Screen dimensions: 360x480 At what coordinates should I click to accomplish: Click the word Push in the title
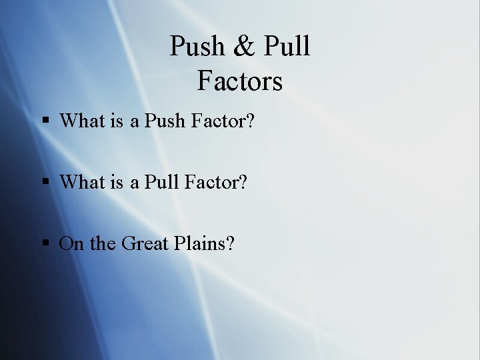(197, 47)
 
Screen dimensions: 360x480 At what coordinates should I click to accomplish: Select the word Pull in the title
(287, 47)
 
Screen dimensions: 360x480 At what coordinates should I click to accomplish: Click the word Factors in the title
(240, 81)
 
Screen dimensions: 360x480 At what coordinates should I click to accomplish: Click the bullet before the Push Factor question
(46, 121)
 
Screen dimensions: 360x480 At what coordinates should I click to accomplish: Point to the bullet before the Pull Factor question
(46, 182)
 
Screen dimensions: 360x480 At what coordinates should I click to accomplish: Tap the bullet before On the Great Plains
(46, 244)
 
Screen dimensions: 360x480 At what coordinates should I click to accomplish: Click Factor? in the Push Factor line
(223, 121)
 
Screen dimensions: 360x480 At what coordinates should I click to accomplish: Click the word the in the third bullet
(102, 243)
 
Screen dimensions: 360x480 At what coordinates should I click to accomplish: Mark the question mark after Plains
(230, 243)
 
